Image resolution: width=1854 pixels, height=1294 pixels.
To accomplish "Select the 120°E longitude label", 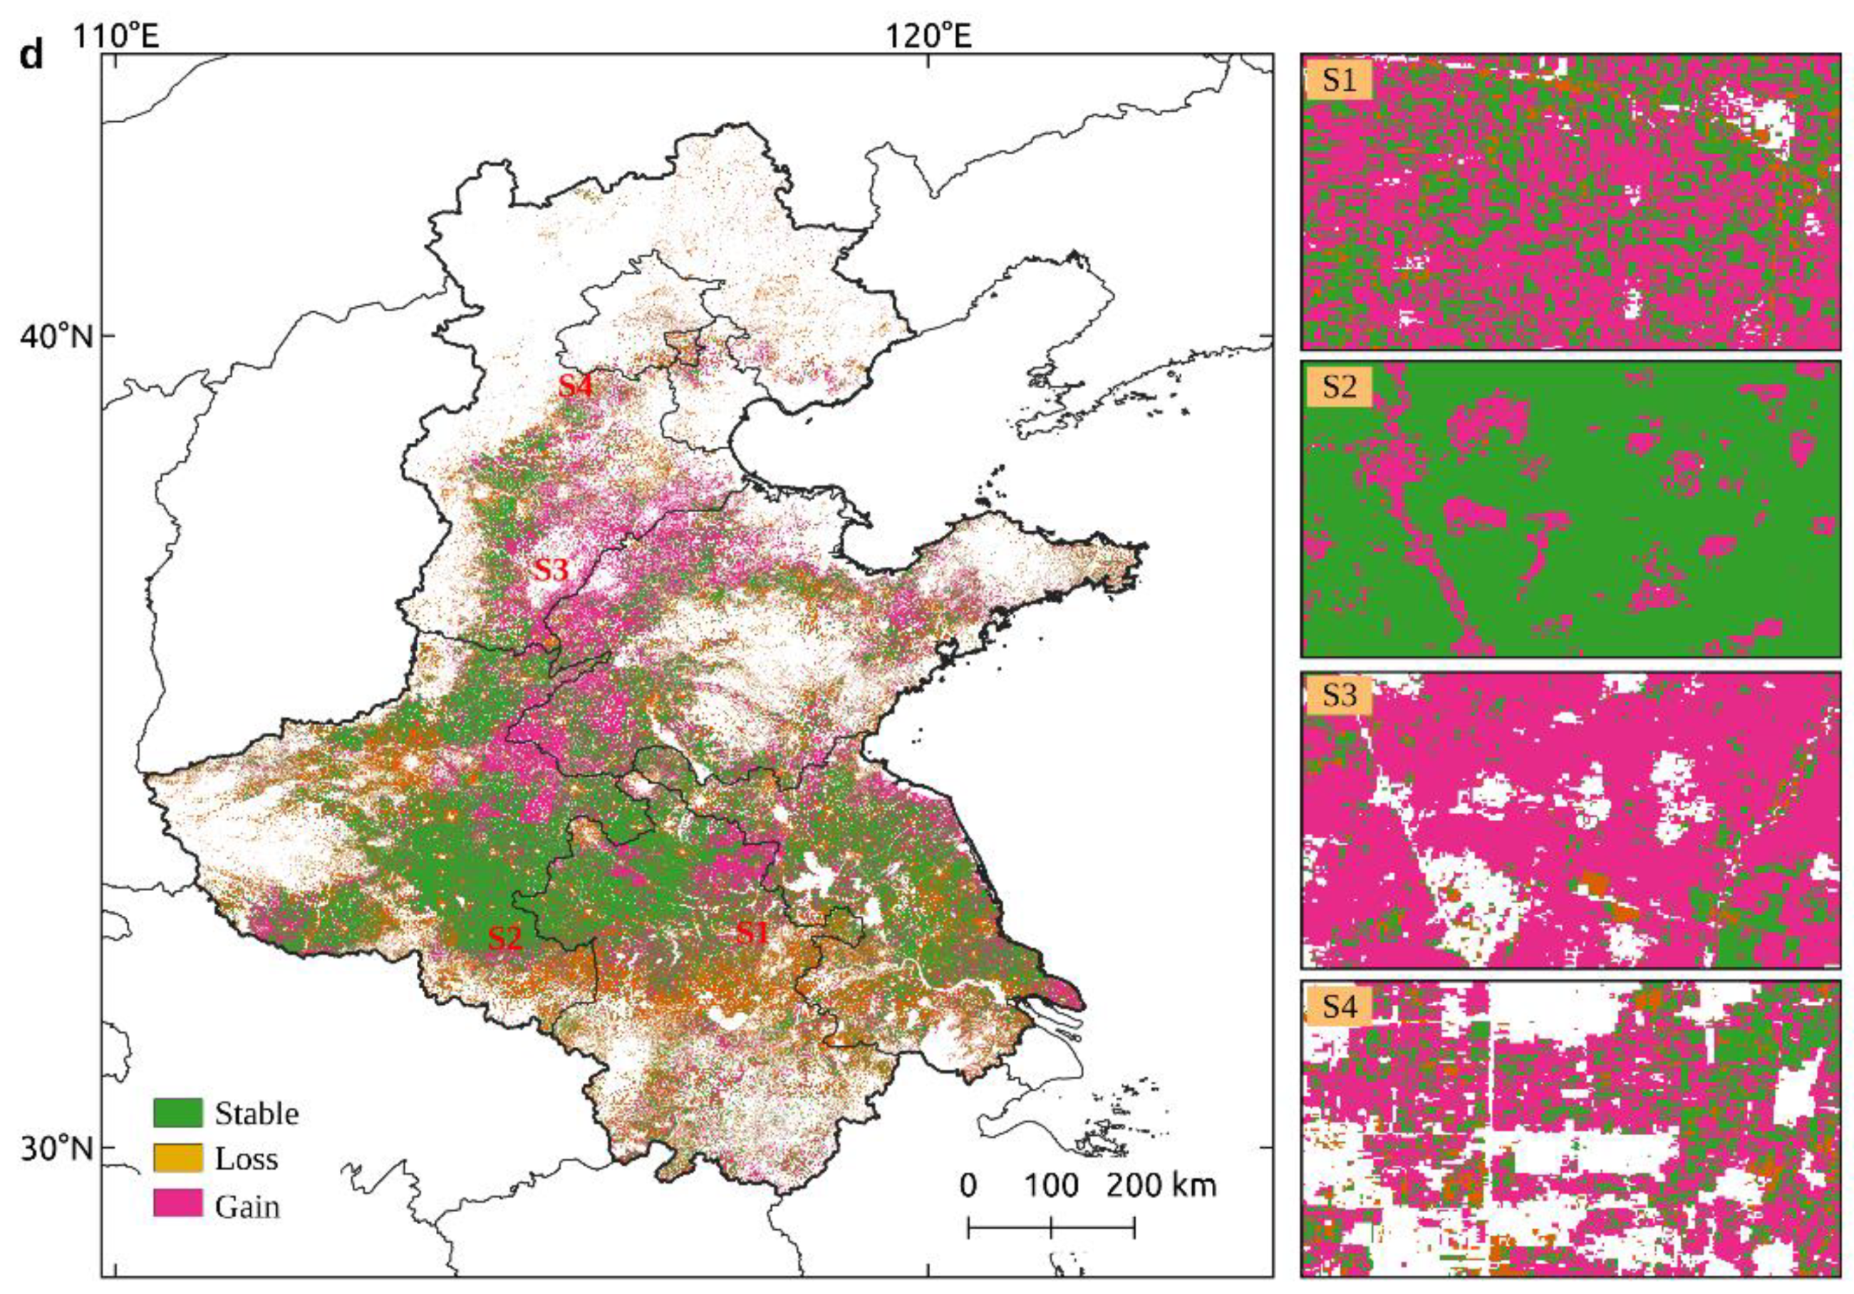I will pyautogui.click(x=928, y=35).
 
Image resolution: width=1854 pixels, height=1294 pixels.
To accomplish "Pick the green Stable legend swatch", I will pyautogui.click(x=177, y=1113).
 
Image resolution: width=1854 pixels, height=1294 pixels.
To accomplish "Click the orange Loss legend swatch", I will pyautogui.click(x=177, y=1159).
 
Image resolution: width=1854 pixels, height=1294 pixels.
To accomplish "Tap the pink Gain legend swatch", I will pyautogui.click(x=177, y=1205).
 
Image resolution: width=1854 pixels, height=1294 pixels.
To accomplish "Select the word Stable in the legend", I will pyautogui.click(x=257, y=1114).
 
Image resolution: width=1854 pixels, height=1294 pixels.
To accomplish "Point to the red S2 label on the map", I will pyautogui.click(x=504, y=937).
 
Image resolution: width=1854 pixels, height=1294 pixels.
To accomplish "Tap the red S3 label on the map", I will pyautogui.click(x=551, y=570).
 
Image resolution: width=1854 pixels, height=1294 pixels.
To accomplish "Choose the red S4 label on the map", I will pyautogui.click(x=576, y=387).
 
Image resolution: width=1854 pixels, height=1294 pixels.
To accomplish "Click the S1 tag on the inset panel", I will pyautogui.click(x=1339, y=80).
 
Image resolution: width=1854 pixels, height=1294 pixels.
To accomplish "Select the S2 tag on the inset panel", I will pyautogui.click(x=1339, y=387).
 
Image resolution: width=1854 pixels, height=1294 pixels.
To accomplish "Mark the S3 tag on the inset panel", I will pyautogui.click(x=1339, y=695).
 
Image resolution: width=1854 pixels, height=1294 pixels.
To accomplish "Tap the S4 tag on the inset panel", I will pyautogui.click(x=1339, y=1006).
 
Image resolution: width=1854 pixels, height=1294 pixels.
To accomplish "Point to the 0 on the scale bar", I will pyautogui.click(x=968, y=1186).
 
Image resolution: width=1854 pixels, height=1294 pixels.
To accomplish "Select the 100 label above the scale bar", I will pyautogui.click(x=1052, y=1186).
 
